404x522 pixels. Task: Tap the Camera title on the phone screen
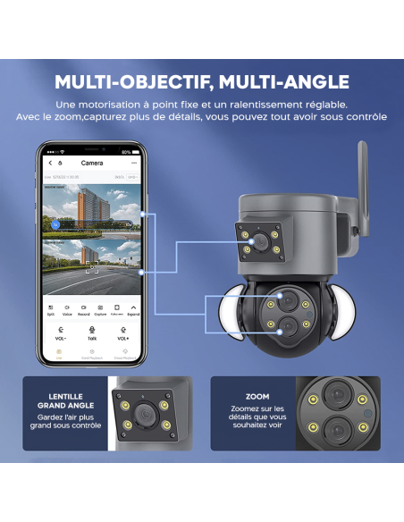[x=92, y=164]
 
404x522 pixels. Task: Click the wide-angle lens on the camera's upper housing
[x=259, y=242]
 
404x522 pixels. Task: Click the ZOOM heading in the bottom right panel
[x=257, y=397]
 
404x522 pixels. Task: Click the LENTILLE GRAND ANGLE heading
[x=66, y=401]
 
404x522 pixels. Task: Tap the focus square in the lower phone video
[x=90, y=266]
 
